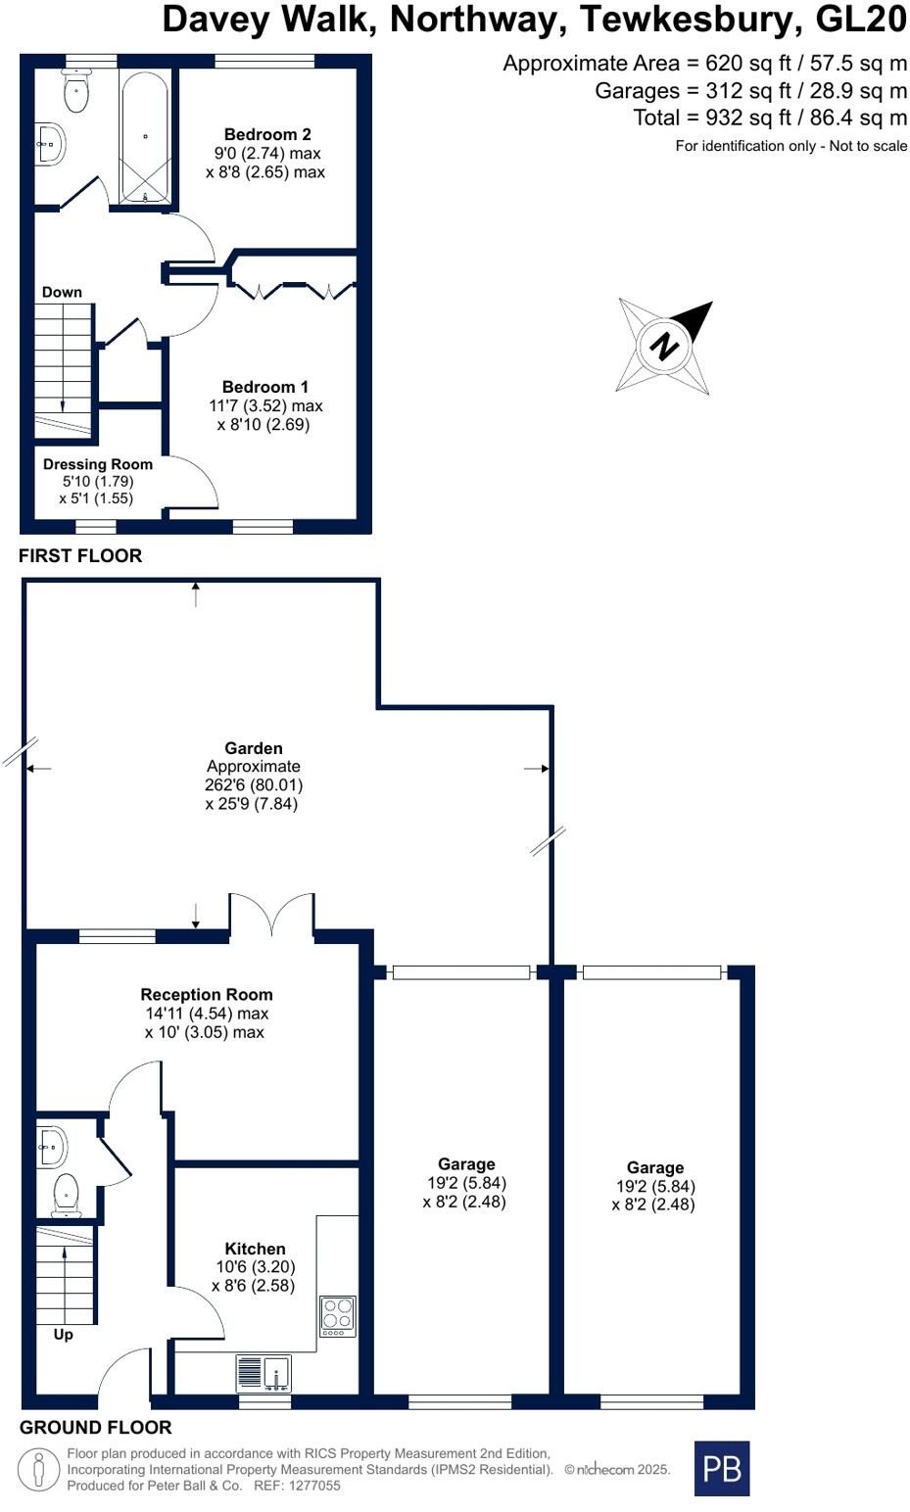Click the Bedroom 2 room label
click(266, 134)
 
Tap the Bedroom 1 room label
click(264, 387)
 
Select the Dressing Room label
click(97, 464)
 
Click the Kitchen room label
click(255, 1249)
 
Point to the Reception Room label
click(206, 995)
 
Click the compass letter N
click(665, 347)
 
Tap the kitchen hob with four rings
click(338, 1315)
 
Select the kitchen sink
click(263, 1373)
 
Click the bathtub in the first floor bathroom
click(145, 137)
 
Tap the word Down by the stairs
click(62, 292)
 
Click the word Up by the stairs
click(63, 1334)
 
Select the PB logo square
click(721, 1468)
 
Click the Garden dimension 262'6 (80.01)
click(254, 785)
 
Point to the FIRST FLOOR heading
click(80, 555)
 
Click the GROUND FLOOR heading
click(95, 1427)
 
